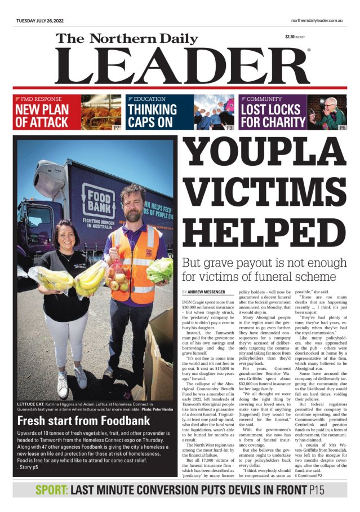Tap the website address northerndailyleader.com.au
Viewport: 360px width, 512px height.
pos(317,20)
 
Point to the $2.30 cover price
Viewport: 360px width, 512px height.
pos(291,37)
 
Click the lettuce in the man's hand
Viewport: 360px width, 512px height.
pos(160,270)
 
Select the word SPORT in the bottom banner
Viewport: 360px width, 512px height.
pos(51,490)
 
